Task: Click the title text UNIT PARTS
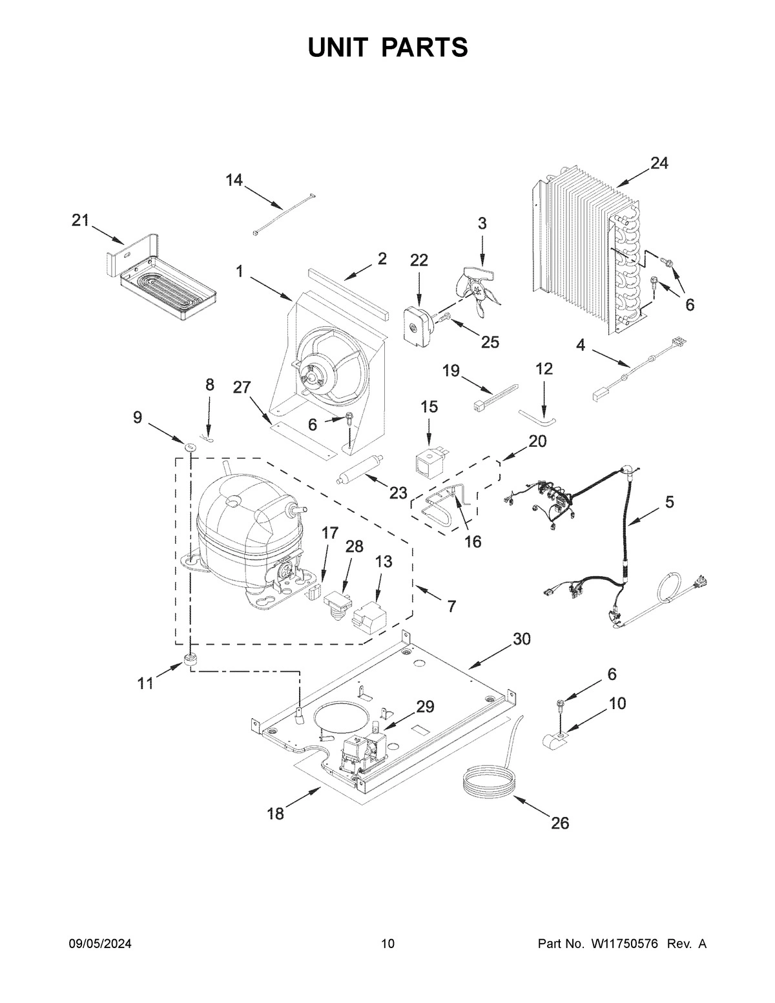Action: coord(387,48)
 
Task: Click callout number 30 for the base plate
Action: coord(522,639)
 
